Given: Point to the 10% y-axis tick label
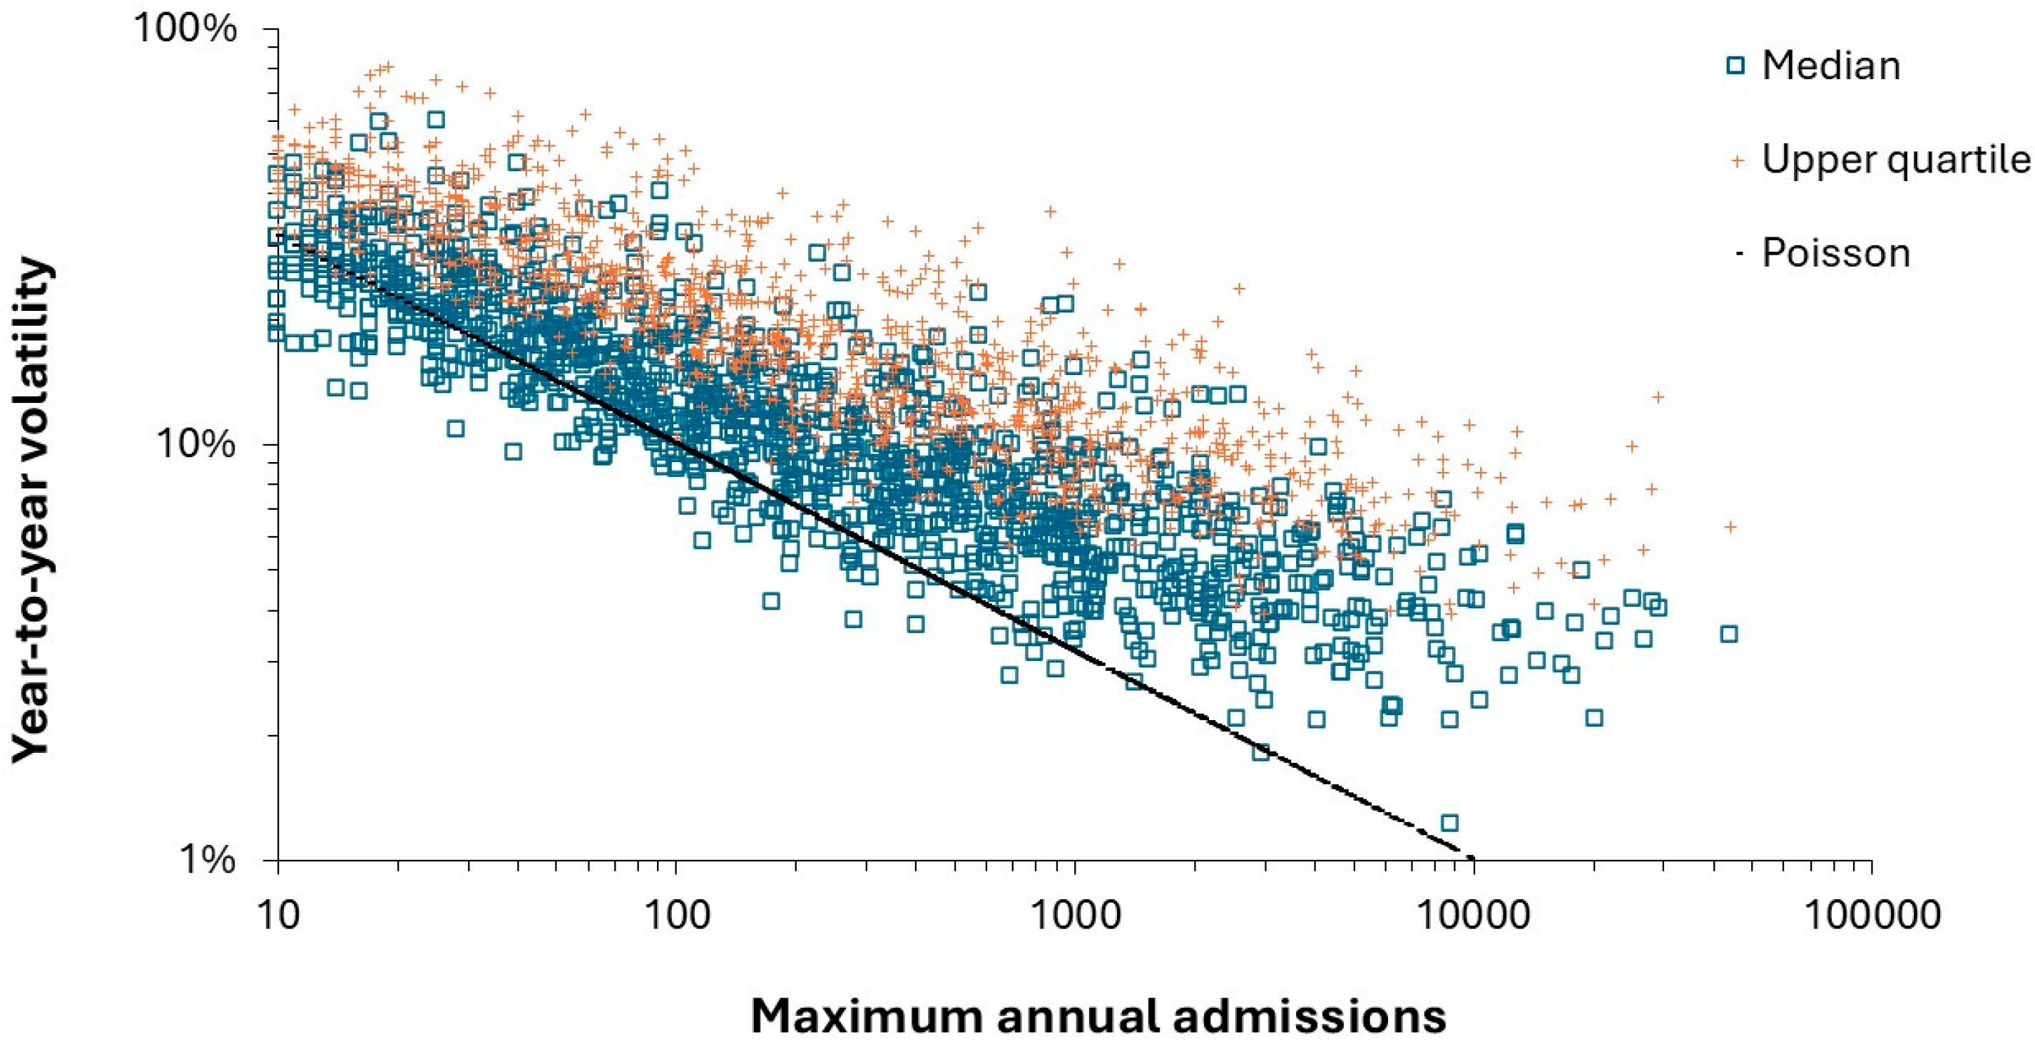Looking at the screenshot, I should [x=196, y=445].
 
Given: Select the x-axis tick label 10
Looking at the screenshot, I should [x=278, y=915].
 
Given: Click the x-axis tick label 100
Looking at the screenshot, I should [x=676, y=915].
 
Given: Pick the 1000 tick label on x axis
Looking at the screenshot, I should [x=1075, y=915].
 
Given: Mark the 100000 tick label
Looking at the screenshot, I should [x=1872, y=915].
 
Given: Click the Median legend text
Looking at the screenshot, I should [x=1830, y=66].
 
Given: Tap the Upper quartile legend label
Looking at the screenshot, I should [x=1896, y=160].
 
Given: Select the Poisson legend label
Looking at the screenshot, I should [x=1836, y=254].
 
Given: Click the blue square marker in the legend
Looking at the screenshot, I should [x=1735, y=66].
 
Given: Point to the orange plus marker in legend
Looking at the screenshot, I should [x=1736, y=161].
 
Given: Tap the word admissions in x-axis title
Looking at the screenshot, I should [x=1308, y=1017].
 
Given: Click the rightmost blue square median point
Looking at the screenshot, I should [x=1728, y=633].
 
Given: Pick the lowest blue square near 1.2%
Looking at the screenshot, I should [x=1449, y=823].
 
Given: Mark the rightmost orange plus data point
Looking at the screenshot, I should [x=1730, y=527].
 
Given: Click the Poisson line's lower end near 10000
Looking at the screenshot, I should [x=1469, y=858].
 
